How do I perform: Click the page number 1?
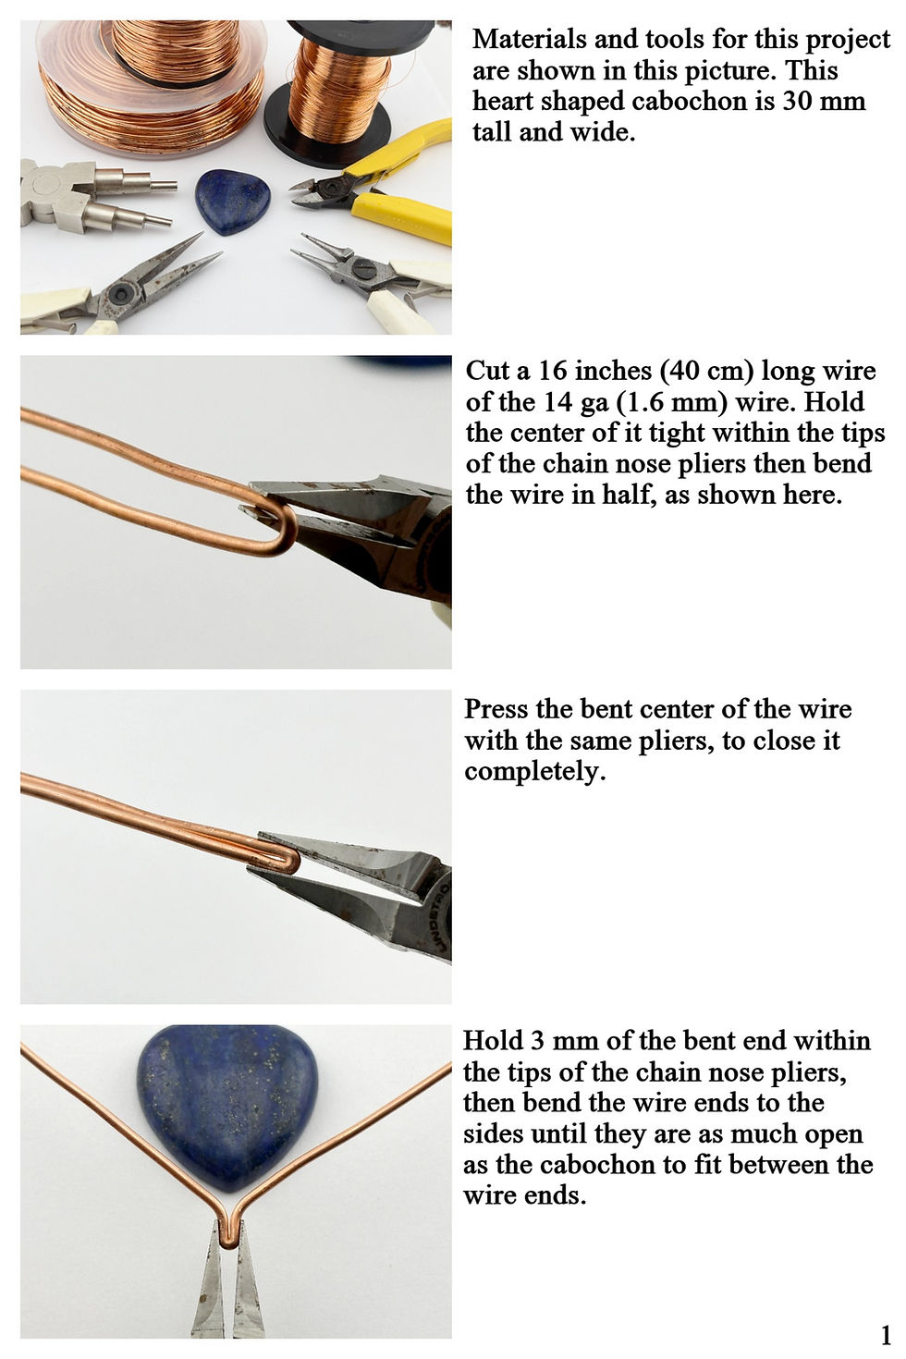click(886, 1335)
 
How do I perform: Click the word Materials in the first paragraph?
click(529, 40)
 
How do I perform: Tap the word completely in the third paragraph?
click(535, 772)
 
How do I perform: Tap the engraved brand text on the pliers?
click(441, 916)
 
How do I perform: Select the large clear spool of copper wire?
click(152, 85)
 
